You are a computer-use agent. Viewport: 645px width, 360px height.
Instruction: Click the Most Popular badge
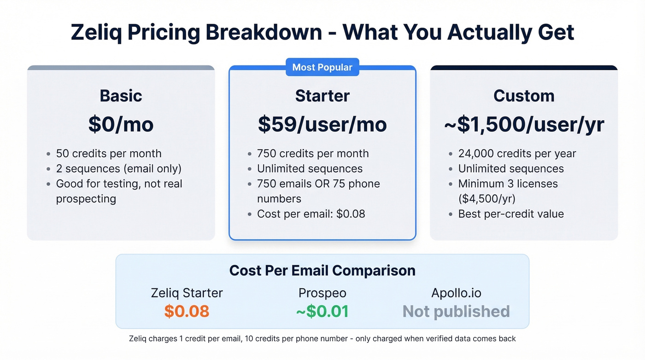(322, 67)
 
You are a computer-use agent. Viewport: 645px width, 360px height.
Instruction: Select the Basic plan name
(121, 96)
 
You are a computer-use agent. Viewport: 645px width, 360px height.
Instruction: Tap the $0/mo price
(121, 124)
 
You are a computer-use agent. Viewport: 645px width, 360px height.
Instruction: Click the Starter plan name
(322, 96)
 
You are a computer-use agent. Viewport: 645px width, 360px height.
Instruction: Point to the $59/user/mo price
(322, 124)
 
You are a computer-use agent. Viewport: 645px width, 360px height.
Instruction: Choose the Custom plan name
(524, 96)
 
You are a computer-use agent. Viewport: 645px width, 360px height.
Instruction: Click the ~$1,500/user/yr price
(524, 124)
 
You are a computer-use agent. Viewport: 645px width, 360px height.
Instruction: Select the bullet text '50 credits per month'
(109, 153)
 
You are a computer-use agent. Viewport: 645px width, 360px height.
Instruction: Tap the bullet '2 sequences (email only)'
(118, 169)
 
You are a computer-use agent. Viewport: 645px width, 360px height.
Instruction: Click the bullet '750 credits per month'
(313, 153)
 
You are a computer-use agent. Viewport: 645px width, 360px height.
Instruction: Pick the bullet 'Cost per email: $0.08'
(311, 214)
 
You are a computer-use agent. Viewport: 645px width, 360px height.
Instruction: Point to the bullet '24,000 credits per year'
(517, 153)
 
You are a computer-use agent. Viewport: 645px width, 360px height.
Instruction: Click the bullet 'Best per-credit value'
(511, 214)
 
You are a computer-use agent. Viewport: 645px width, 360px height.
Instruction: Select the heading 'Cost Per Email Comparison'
(322, 270)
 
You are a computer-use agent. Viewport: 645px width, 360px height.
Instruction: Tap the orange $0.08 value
(187, 312)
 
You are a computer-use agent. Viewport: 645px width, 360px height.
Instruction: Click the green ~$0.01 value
(322, 312)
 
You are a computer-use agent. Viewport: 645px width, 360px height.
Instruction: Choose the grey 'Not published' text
(456, 312)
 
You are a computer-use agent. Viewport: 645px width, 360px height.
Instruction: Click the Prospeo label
(322, 293)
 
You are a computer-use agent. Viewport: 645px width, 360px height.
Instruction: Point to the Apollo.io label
(456, 293)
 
